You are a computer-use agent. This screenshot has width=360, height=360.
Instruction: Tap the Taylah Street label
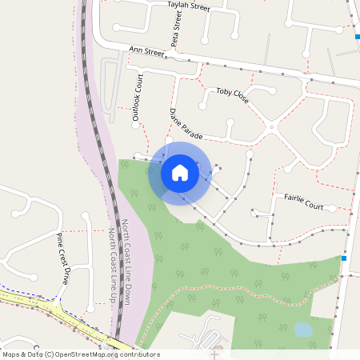coord(188,6)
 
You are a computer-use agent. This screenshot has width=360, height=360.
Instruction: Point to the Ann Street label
coord(146,53)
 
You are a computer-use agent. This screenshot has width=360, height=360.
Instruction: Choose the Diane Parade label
coord(186,122)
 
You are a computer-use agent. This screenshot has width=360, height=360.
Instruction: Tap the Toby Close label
coord(232,96)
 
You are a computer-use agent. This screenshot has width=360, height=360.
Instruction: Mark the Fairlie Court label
coord(298,200)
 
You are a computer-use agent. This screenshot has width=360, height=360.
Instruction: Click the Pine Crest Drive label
coord(62,258)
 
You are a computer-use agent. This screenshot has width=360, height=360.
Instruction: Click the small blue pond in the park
coord(303,329)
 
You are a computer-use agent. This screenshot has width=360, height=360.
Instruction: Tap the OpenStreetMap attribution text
coord(80,354)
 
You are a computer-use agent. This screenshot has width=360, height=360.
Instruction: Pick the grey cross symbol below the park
coord(214,352)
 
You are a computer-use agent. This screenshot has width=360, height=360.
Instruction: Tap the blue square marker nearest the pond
coord(344,258)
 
